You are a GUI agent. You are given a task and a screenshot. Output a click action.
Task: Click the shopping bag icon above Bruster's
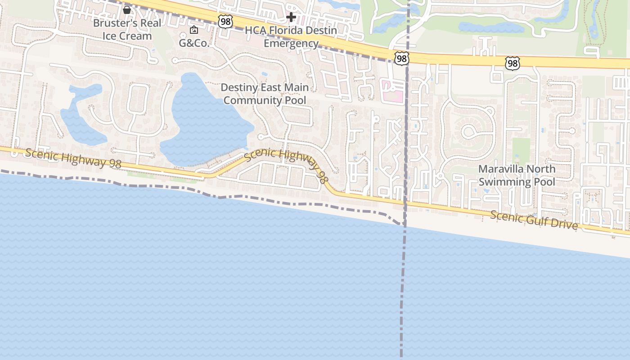[x=127, y=9]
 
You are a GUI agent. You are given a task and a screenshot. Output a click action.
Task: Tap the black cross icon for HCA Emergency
[x=291, y=18]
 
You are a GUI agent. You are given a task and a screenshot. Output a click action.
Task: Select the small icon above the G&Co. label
[x=194, y=30]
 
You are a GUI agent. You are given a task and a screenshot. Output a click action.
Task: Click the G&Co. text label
[x=194, y=43]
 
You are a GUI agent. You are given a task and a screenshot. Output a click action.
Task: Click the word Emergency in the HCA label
[x=291, y=43]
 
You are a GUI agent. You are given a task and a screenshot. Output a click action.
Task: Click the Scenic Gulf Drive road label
[x=534, y=220]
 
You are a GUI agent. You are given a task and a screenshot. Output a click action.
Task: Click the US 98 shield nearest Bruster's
[x=225, y=21]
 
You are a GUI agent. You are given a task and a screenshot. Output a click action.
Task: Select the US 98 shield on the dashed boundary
[x=402, y=58]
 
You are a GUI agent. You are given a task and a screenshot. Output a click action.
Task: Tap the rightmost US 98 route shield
[x=512, y=63]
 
